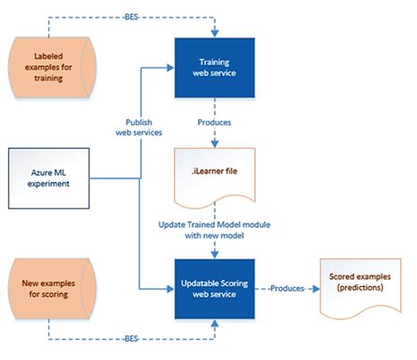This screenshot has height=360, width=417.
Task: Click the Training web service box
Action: [215, 68]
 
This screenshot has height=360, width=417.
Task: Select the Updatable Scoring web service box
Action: [215, 288]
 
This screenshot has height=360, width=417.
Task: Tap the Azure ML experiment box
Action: [49, 178]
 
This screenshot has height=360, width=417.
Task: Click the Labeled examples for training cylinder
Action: [49, 68]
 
